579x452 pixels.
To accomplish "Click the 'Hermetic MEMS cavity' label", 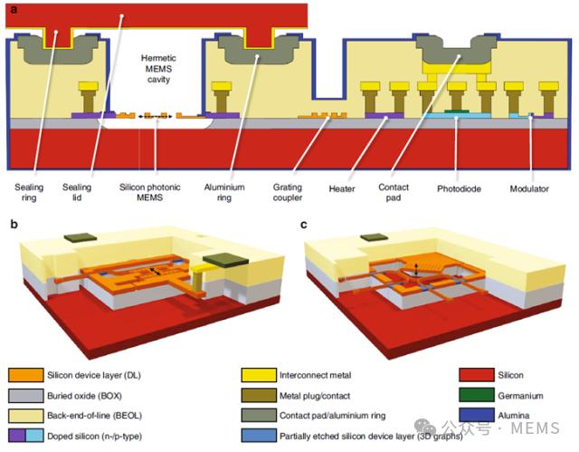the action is coord(158,69).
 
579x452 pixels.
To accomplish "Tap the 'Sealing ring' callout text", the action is coord(29,192).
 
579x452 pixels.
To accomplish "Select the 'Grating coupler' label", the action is coord(288,192).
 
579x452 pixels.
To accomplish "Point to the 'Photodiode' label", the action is coord(459,188).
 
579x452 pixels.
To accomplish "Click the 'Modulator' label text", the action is coord(529,188).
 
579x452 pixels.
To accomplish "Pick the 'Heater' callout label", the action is coord(342,188).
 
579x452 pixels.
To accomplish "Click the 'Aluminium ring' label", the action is coord(224,192).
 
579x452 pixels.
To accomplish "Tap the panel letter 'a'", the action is coord(14,10).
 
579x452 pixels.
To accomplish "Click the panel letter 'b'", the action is coord(14,225).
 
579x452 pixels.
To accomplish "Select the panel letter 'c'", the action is coord(304,225).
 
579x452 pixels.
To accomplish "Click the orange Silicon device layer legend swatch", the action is coord(26,375).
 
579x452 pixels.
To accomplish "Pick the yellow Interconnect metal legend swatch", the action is coord(259,375).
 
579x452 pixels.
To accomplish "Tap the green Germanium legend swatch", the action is coord(477,395).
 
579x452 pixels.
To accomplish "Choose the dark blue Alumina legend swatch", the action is coord(477,415).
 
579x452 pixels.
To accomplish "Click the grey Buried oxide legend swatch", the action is coord(26,396).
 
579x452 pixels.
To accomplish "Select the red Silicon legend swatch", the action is coord(477,375).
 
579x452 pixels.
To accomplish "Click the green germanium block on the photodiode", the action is coord(457,111).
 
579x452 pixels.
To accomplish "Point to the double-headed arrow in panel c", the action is coord(416,269).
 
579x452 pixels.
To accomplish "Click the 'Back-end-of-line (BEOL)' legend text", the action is coord(94,416).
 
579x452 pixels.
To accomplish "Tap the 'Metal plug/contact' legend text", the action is coord(315,396).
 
